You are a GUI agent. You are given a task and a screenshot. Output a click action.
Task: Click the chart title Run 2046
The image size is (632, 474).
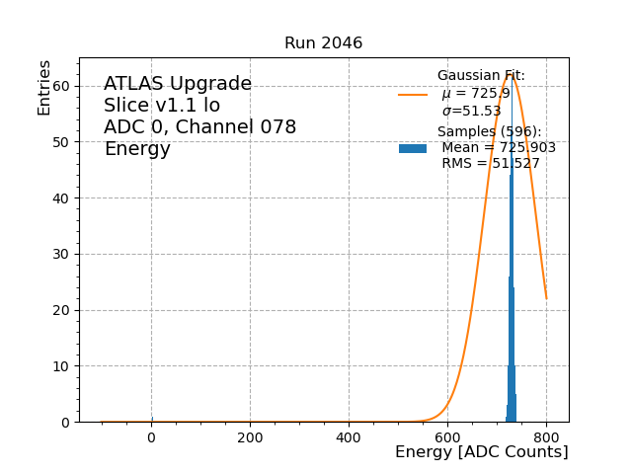[323, 43]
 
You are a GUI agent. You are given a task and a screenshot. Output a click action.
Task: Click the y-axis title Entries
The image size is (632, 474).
[44, 87]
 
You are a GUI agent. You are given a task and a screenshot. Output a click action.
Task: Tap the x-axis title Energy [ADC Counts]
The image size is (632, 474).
[481, 452]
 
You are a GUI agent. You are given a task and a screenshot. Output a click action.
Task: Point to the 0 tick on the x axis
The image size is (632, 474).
[151, 437]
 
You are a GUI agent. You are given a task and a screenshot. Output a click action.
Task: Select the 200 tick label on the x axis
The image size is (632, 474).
[250, 437]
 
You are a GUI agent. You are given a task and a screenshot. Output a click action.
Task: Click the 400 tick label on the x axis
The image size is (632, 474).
[349, 437]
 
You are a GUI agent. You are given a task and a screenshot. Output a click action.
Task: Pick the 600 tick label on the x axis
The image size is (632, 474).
[447, 437]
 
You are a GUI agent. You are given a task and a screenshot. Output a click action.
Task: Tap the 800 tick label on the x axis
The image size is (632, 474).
[546, 437]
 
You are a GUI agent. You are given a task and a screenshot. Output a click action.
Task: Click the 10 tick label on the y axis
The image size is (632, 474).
[61, 366]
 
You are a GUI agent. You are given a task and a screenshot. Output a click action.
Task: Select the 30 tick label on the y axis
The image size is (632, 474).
[61, 254]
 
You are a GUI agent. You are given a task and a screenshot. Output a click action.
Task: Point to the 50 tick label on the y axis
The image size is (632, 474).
[61, 142]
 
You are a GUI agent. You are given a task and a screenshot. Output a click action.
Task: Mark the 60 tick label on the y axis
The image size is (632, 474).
[61, 86]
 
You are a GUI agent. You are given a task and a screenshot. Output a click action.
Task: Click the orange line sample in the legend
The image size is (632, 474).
[413, 95]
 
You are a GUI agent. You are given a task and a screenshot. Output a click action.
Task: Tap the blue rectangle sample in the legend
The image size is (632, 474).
[413, 148]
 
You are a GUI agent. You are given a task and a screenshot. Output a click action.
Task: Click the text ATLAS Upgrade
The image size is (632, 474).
[178, 84]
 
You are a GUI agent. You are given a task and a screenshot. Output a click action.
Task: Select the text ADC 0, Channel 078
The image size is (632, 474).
[199, 127]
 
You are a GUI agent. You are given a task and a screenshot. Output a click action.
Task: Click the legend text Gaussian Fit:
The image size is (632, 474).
[481, 76]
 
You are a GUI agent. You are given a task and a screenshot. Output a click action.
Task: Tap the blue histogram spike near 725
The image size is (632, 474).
[512, 296]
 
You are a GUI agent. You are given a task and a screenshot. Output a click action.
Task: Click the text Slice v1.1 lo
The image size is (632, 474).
[162, 106]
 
